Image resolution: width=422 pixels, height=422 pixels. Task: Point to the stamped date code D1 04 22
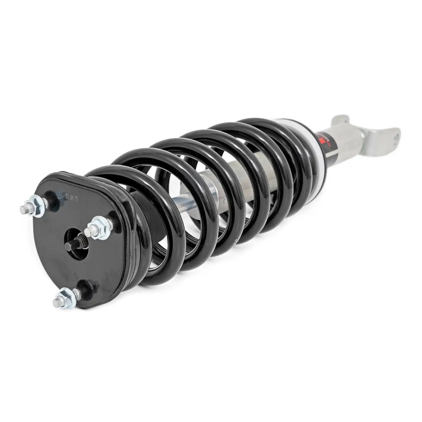click(73, 197)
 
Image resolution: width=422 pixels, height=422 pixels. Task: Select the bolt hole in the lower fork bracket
click(395, 136)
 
